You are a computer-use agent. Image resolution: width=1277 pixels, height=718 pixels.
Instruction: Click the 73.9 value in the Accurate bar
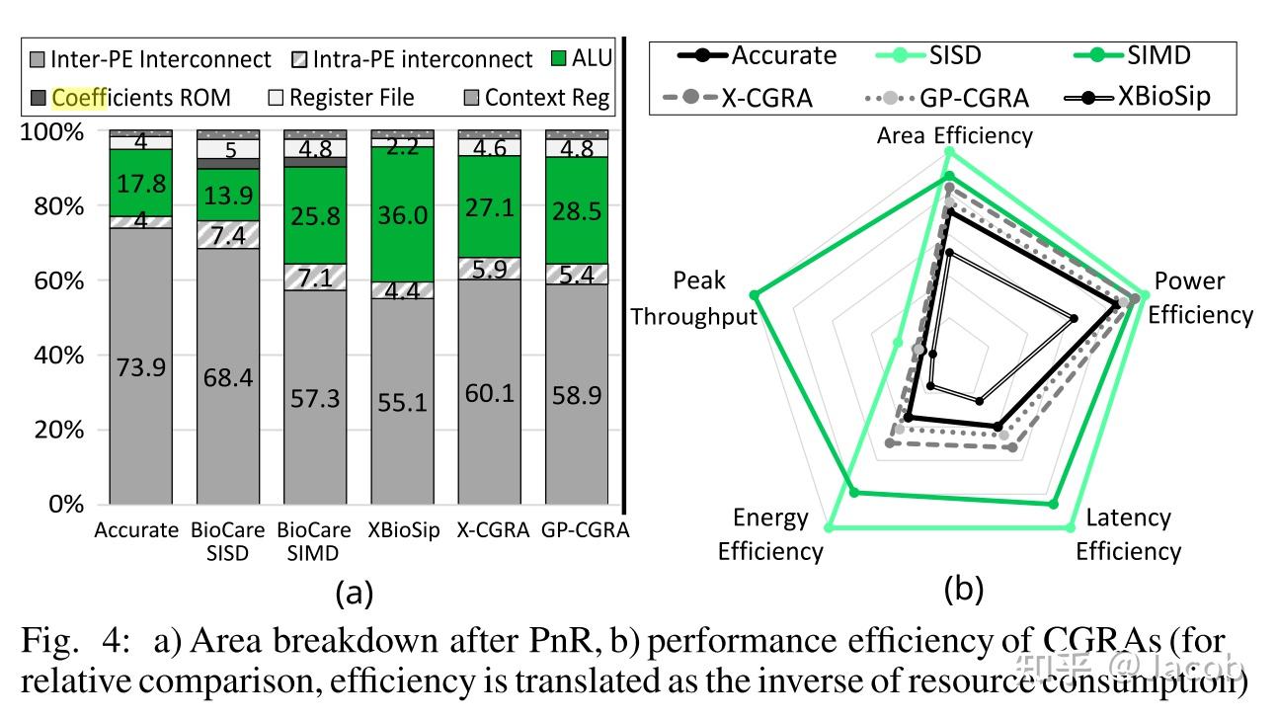click(x=140, y=367)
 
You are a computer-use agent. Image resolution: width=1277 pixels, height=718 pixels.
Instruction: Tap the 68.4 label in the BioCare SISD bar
click(x=227, y=378)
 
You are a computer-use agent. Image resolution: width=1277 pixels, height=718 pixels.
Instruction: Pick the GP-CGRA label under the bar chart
click(x=585, y=530)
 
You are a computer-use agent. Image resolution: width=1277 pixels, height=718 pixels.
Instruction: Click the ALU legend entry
click(x=581, y=59)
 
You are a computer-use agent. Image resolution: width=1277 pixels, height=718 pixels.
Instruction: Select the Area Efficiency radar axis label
click(x=954, y=135)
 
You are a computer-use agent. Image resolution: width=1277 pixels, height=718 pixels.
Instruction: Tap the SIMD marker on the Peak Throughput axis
click(x=756, y=294)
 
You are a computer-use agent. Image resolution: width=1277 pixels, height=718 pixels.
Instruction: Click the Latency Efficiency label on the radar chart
click(x=1127, y=534)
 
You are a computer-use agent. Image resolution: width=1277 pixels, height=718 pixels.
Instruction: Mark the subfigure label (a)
click(x=355, y=593)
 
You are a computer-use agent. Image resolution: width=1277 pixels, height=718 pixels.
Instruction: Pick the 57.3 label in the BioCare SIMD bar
click(x=314, y=398)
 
